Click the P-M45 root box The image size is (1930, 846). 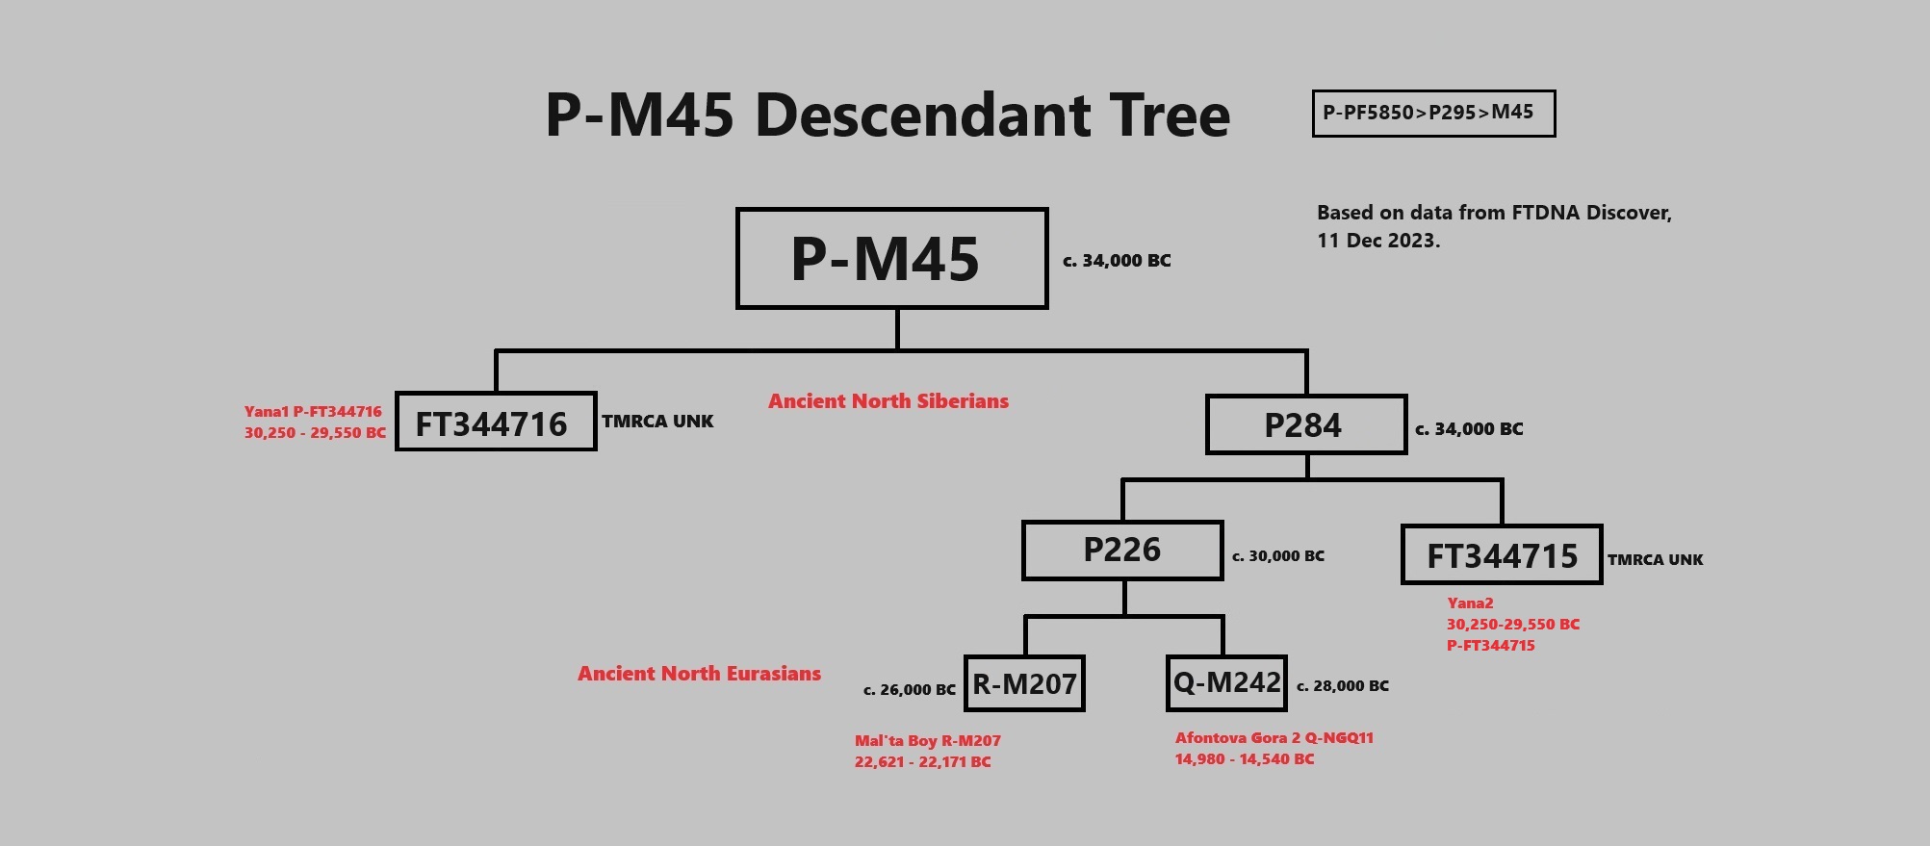click(x=891, y=258)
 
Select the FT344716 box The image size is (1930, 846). click(x=496, y=422)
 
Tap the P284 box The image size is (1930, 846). click(x=1305, y=424)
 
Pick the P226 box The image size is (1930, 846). click(x=1122, y=551)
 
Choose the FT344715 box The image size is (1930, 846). click(x=1502, y=554)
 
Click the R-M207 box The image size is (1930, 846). click(x=1024, y=684)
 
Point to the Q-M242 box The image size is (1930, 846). click(x=1226, y=683)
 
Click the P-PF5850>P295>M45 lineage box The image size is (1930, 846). click(x=1432, y=114)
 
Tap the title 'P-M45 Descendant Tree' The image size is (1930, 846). click(x=888, y=115)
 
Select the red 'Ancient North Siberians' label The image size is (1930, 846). click(x=888, y=401)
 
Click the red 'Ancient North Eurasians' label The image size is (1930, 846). click(x=699, y=674)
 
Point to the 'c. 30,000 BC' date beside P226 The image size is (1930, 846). click(x=1278, y=556)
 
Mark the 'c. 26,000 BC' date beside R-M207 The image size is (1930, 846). click(x=909, y=690)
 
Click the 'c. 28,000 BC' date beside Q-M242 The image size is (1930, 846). click(x=1343, y=686)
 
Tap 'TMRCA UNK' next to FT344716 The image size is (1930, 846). click(x=657, y=422)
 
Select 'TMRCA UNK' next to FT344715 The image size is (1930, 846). click(x=1655, y=560)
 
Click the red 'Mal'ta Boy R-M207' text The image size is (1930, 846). click(x=927, y=741)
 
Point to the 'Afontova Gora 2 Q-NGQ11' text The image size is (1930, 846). click(x=1274, y=738)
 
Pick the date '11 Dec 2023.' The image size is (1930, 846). click(x=1378, y=241)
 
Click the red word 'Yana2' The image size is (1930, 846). click(x=1470, y=603)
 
